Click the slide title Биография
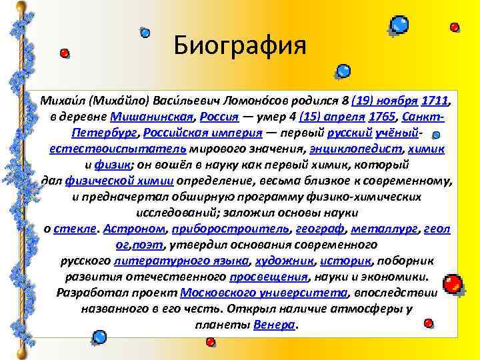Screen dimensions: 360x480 (x=239, y=47)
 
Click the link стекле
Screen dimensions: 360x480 (x=75, y=228)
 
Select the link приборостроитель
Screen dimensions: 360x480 (x=231, y=228)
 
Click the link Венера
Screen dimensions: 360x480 (x=274, y=325)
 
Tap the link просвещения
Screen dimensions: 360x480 (x=269, y=276)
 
